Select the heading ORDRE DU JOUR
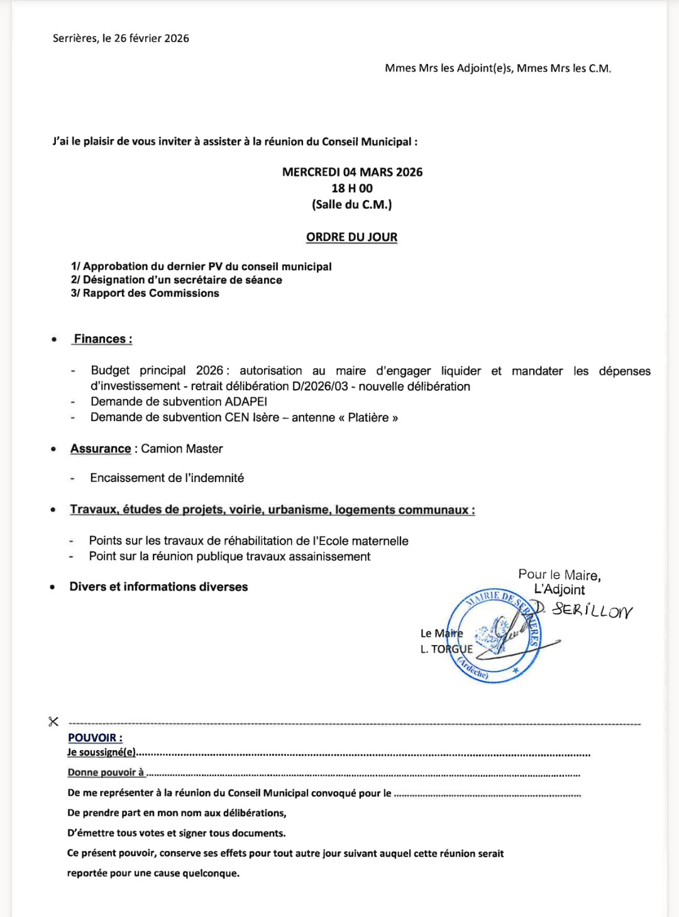click(x=351, y=237)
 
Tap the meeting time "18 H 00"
click(x=352, y=188)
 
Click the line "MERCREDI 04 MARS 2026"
click(x=352, y=172)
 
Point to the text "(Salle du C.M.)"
click(x=352, y=205)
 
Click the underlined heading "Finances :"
click(x=103, y=339)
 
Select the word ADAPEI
click(x=246, y=402)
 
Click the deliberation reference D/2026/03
click(x=320, y=386)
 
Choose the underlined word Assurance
click(x=101, y=449)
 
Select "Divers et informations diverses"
click(x=158, y=587)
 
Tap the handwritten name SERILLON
click(x=591, y=610)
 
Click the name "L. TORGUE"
click(x=446, y=649)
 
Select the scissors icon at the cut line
click(x=53, y=721)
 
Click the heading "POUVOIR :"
click(x=95, y=738)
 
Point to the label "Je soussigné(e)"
click(x=101, y=752)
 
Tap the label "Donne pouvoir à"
click(x=106, y=772)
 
